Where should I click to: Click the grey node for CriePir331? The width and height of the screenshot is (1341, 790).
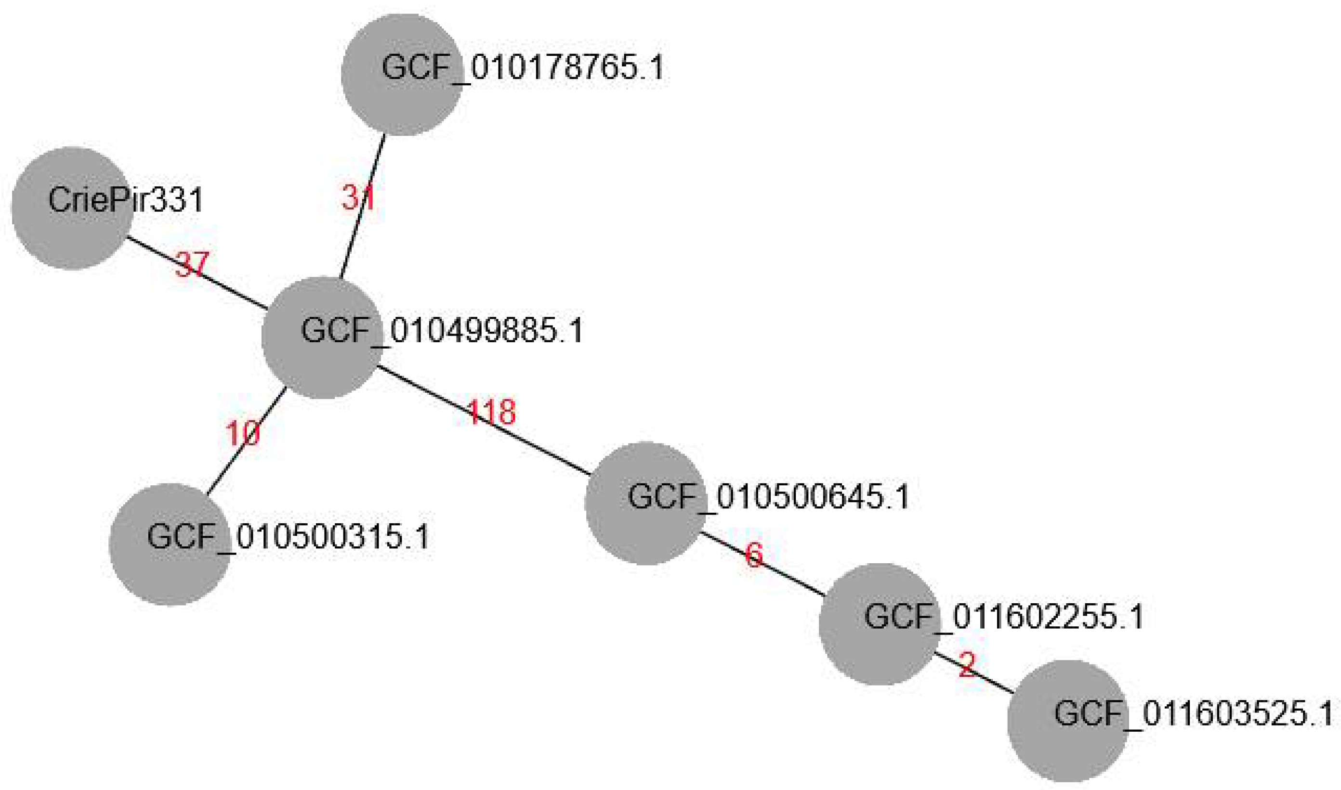click(72, 208)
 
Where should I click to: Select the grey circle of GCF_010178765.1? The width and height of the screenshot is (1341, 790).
click(402, 75)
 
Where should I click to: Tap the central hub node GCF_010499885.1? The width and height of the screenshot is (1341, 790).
click(322, 337)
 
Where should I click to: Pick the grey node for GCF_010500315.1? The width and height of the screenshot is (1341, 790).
click(171, 544)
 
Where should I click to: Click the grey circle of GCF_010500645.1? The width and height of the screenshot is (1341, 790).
click(645, 503)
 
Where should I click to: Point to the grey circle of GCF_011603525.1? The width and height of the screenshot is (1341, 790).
click(1068, 721)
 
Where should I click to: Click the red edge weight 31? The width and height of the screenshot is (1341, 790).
click(358, 198)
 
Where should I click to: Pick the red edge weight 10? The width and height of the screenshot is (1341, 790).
click(242, 433)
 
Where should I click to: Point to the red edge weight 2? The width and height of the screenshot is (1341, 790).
click(967, 665)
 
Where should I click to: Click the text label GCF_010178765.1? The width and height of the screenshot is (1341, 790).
click(523, 68)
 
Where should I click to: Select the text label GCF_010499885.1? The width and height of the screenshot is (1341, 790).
click(442, 330)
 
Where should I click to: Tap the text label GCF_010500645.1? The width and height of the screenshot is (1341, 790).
click(768, 497)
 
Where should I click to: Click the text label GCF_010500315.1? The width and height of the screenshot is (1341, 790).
click(288, 537)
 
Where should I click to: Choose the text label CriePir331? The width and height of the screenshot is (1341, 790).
click(126, 200)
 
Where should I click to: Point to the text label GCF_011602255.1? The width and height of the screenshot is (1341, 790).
click(1004, 617)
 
